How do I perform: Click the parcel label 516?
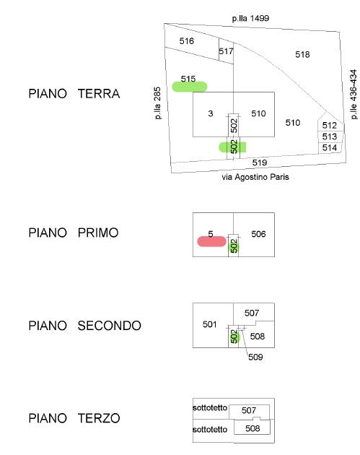coord(186,41)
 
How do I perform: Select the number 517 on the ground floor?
coord(226,51)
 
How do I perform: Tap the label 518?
coord(302,54)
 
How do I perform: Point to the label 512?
coord(329,126)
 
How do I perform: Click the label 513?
coord(329,136)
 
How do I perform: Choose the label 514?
coord(329,148)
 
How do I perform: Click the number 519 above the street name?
coord(260,162)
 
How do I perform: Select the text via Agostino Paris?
coord(255,177)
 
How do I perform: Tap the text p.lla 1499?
coord(250,18)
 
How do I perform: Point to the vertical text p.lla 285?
coord(157,103)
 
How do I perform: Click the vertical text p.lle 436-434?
coord(354,95)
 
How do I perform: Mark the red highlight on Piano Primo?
coord(211,241)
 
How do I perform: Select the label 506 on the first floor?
coord(258,234)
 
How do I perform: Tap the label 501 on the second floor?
coord(209,324)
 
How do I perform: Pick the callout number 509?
coord(255,357)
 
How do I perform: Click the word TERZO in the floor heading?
coord(99,418)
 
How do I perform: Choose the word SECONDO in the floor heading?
coord(109,326)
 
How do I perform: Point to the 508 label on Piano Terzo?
coord(253,428)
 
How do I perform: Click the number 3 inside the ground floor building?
coord(211,113)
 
